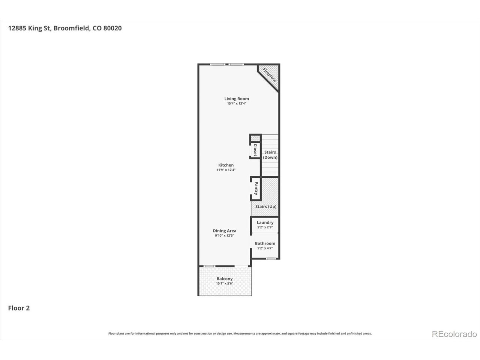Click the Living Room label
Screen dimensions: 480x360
coord(236,99)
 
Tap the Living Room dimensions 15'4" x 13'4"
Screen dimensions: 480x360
coord(236,103)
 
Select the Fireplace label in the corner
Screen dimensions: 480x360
coord(269,75)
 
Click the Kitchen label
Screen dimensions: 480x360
coord(226,165)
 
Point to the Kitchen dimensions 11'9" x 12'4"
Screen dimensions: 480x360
coord(226,170)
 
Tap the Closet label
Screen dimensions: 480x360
coord(255,150)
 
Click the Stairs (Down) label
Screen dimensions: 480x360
coord(270,155)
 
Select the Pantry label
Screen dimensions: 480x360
coord(256,188)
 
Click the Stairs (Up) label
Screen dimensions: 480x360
coord(266,207)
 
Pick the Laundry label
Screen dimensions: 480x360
coord(265,222)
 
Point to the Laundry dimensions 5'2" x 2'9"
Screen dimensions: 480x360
coord(265,227)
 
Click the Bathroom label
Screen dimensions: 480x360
coord(265,243)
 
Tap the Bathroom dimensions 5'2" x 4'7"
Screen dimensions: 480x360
coord(265,248)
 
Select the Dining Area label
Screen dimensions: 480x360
coord(225,231)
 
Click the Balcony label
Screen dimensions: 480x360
coord(225,279)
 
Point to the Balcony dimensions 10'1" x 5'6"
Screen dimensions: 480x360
coord(225,283)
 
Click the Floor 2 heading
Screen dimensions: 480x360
coord(19,308)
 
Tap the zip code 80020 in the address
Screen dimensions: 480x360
coord(112,28)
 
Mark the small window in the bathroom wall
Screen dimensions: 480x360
coord(271,259)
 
